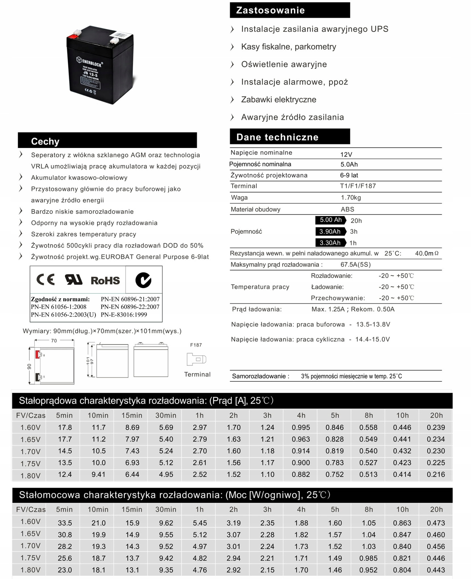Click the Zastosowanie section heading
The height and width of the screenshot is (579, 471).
(270, 10)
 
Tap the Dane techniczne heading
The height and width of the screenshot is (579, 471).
(277, 137)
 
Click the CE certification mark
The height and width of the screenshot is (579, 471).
(46, 279)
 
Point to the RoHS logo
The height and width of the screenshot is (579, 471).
(105, 280)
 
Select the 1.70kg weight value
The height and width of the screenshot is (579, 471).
(351, 198)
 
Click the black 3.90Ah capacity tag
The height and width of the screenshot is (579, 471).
(330, 232)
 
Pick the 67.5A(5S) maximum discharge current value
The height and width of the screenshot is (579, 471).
(356, 265)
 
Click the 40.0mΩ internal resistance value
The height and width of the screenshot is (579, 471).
(427, 253)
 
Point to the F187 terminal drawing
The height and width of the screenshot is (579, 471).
(196, 359)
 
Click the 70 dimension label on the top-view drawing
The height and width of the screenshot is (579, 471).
(54, 341)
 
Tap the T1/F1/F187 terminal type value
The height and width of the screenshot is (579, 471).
(358, 186)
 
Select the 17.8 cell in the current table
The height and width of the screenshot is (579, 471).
(65, 427)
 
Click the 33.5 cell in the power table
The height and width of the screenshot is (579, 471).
(65, 523)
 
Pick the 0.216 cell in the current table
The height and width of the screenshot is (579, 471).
(436, 474)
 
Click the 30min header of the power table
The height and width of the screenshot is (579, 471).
(166, 510)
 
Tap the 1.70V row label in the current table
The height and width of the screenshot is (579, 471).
(30, 451)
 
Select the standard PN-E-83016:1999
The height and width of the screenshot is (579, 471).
(124, 314)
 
